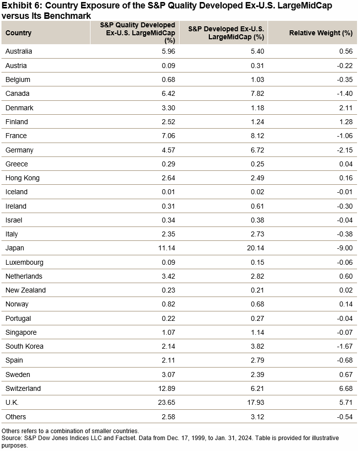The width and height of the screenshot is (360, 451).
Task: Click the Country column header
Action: pyautogui.click(x=18, y=33)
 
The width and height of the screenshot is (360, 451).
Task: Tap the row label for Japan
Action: pyautogui.click(x=14, y=248)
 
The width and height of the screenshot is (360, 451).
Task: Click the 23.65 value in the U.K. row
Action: pyautogui.click(x=165, y=402)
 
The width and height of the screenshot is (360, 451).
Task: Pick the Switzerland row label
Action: pyautogui.click(x=23, y=388)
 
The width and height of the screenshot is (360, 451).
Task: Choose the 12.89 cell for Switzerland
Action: pyautogui.click(x=165, y=388)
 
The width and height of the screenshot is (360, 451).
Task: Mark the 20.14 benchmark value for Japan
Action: pyautogui.click(x=254, y=248)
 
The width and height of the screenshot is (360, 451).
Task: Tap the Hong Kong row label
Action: pyautogui.click(x=22, y=178)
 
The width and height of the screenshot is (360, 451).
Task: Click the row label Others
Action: pyautogui.click(x=15, y=417)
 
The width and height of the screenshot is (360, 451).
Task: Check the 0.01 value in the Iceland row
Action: pyautogui.click(x=168, y=192)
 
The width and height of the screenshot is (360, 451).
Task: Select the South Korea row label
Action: pyautogui.click(x=24, y=346)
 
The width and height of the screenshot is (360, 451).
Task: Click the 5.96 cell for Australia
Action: pyautogui.click(x=168, y=51)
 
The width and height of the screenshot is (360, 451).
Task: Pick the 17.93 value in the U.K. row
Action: pyautogui.click(x=254, y=402)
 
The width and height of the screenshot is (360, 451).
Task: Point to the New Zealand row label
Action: pyautogui.click(x=25, y=290)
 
